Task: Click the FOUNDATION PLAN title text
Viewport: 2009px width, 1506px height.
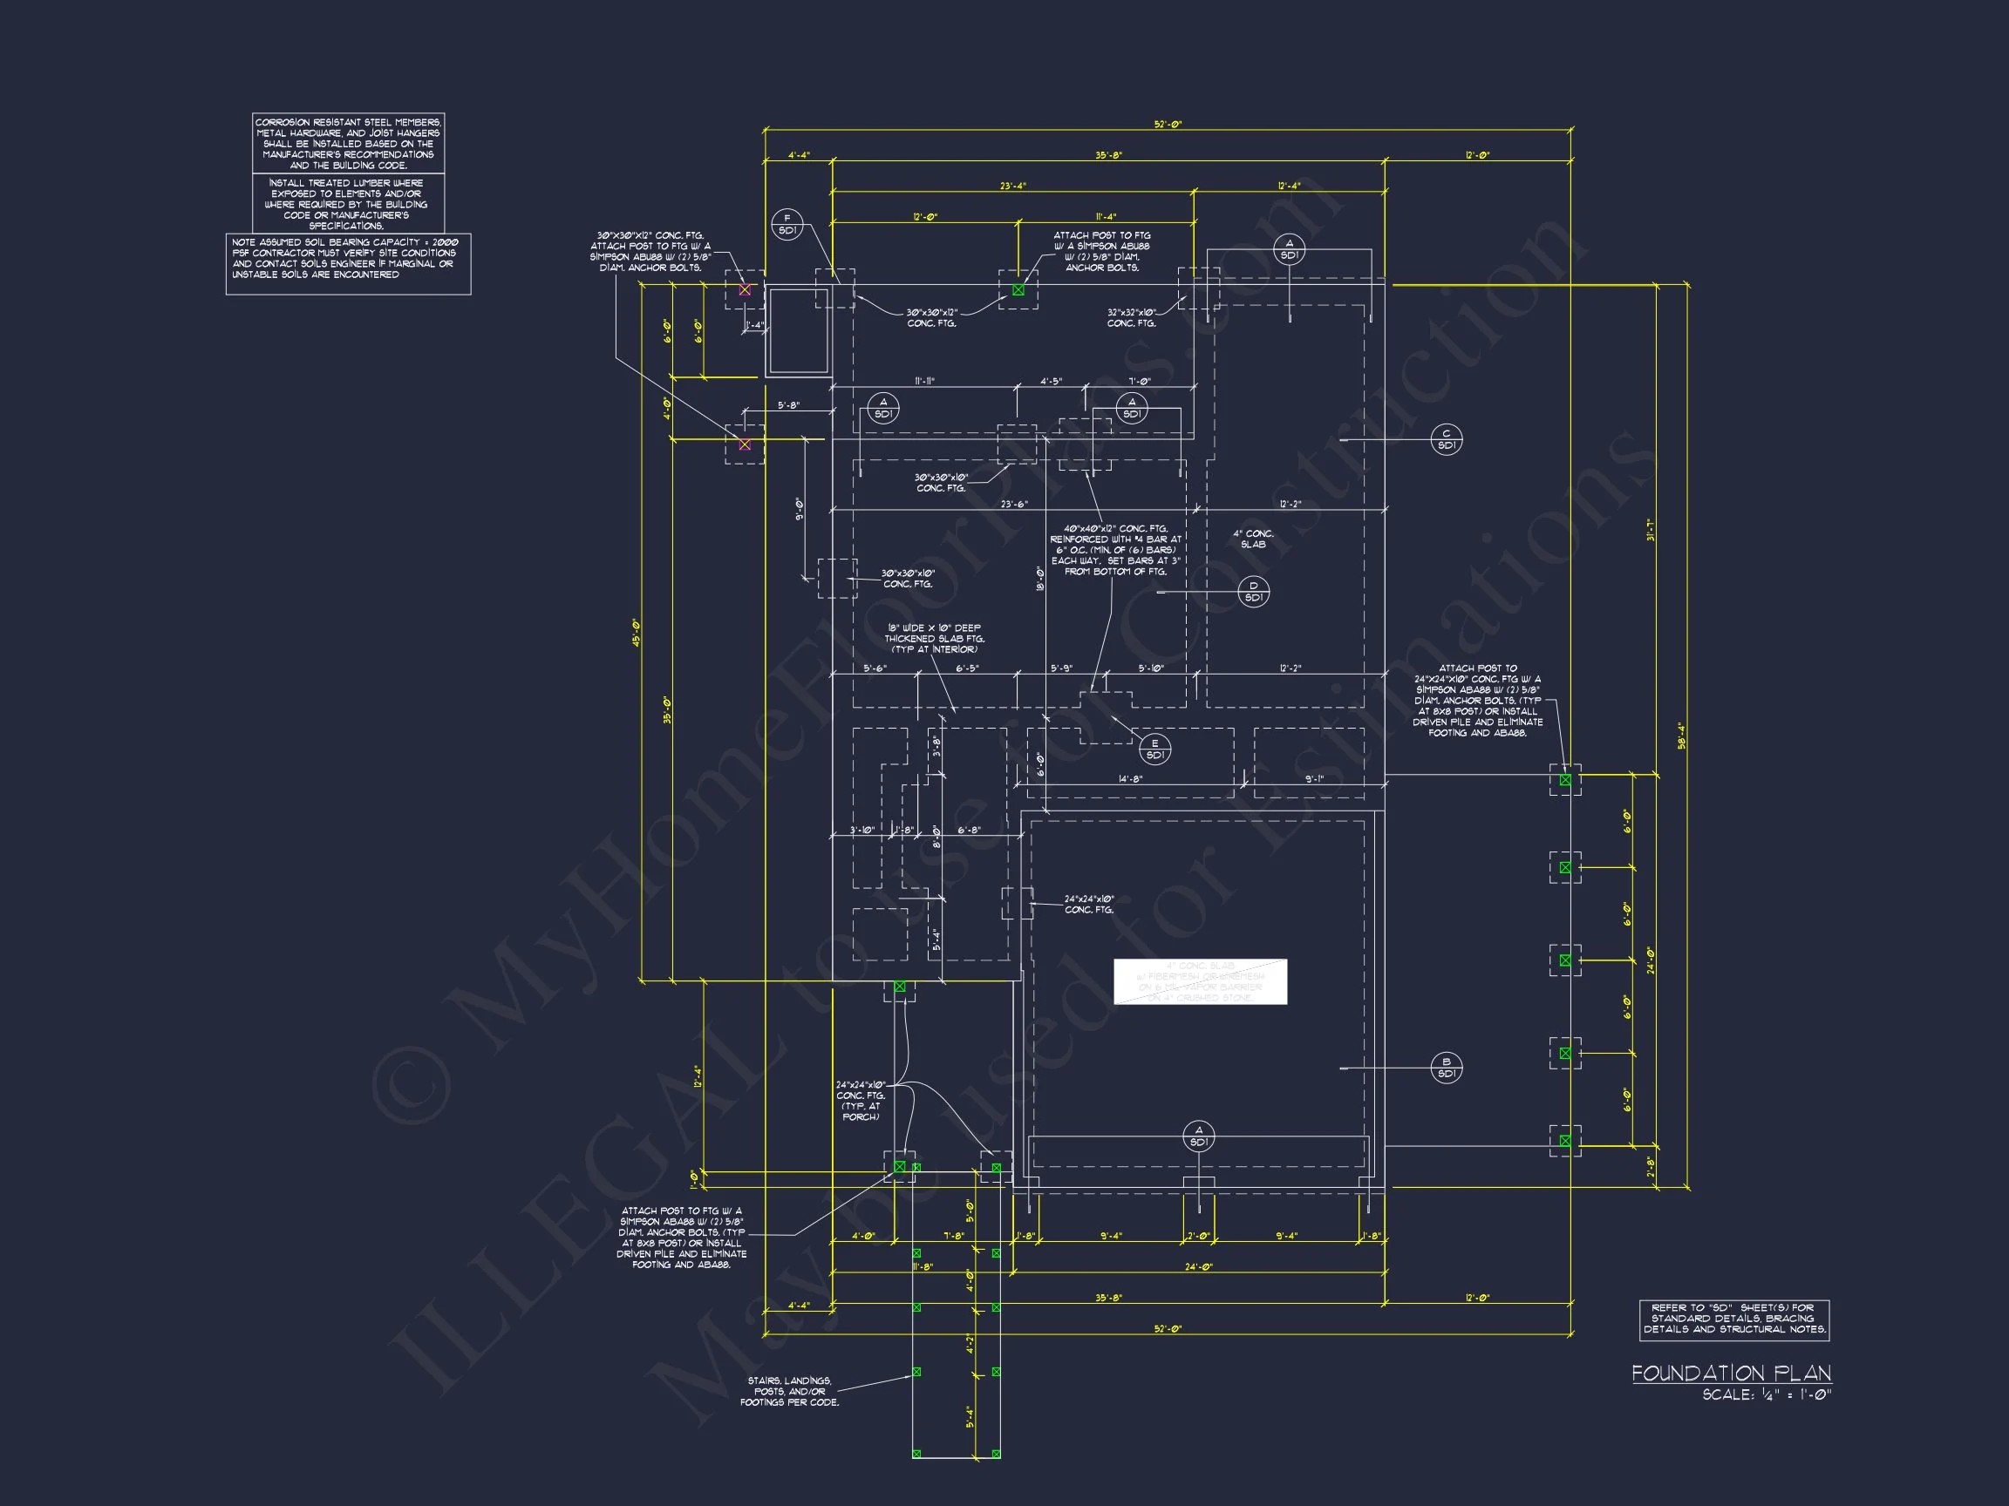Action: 1731,1373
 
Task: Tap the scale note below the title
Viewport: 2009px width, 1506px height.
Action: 1767,1395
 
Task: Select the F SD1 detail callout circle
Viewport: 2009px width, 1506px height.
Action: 787,224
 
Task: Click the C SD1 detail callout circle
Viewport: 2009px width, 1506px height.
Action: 1446,439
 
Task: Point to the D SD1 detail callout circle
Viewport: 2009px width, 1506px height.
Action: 1253,592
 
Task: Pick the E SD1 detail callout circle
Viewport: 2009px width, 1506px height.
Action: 1154,749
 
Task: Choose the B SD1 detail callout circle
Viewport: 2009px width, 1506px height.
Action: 1446,1068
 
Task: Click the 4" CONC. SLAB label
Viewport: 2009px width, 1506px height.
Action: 1252,539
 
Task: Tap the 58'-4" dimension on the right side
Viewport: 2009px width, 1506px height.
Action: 1681,736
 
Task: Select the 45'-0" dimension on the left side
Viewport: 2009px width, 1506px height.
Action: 637,633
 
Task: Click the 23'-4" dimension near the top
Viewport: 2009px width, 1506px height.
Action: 1012,187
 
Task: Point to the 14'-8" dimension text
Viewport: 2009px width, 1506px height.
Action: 1130,779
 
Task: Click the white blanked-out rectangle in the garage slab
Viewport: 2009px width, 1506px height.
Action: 1200,981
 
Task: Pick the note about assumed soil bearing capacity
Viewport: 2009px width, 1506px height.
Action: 348,259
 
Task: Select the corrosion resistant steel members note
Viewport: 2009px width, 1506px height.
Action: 348,144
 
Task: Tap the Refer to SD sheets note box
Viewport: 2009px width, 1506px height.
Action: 1733,1318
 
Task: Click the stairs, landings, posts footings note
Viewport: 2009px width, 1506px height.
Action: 789,1391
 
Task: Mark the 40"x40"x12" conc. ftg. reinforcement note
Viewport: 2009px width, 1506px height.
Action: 1115,550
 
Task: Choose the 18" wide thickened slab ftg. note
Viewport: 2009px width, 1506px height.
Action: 934,638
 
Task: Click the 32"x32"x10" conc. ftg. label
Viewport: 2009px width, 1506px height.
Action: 1131,318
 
